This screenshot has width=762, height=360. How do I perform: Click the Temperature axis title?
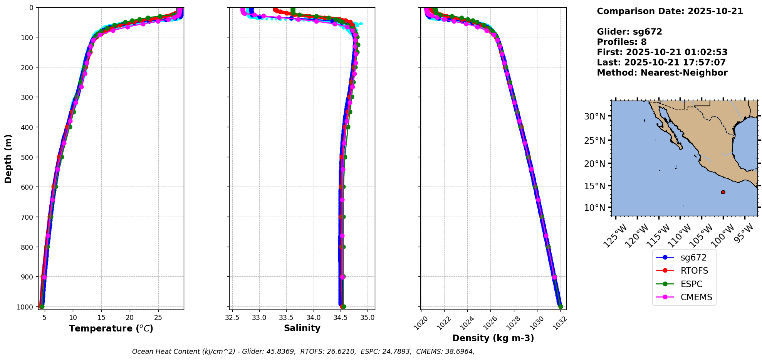tap(111, 328)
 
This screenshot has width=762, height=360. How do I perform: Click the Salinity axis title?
tap(302, 328)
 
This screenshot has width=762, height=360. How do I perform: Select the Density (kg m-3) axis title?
tap(493, 338)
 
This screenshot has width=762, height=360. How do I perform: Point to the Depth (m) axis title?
tap(8, 158)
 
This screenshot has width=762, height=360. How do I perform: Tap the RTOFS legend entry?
tap(694, 271)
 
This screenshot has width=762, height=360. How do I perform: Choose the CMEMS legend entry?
tap(696, 297)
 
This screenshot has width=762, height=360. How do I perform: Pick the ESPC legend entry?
tap(691, 284)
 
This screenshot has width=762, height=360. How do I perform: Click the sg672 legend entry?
tap(693, 257)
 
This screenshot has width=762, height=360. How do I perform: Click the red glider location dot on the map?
tap(723, 192)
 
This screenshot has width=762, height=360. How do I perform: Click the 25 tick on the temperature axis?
tap(158, 318)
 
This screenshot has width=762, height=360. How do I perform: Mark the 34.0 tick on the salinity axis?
tap(314, 318)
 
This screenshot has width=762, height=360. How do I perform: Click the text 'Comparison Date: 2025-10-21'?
tap(670, 11)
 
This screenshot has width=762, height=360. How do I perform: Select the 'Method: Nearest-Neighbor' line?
tap(662, 72)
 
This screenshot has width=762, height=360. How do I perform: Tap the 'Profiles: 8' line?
tap(621, 42)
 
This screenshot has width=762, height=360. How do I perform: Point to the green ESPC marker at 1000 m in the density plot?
tap(561, 306)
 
